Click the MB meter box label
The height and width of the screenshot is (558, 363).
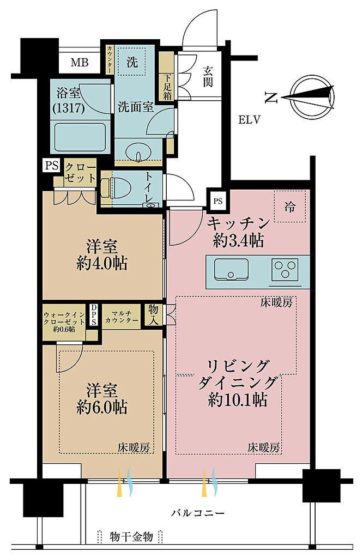coord(80,63)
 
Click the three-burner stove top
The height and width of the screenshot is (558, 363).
coord(285,269)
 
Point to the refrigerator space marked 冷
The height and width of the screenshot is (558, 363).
coord(289,207)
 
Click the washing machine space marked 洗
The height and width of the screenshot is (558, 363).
coord(132,62)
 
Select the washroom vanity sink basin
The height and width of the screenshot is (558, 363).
coord(138,152)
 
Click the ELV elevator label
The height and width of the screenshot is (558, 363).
coord(249,120)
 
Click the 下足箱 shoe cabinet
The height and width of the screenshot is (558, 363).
coord(167,76)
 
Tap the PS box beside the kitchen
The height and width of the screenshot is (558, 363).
coord(218,201)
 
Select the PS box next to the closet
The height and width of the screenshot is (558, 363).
coord(52,166)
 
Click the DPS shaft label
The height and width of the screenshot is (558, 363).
coord(94,315)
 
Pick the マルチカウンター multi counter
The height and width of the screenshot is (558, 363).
coord(122,317)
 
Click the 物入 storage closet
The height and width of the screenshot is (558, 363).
coord(153,314)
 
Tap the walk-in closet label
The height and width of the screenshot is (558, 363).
coord(64,322)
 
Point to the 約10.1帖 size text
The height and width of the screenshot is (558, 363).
coord(238,401)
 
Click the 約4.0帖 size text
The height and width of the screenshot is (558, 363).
coord(102,264)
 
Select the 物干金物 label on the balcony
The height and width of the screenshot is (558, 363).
coord(131,536)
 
